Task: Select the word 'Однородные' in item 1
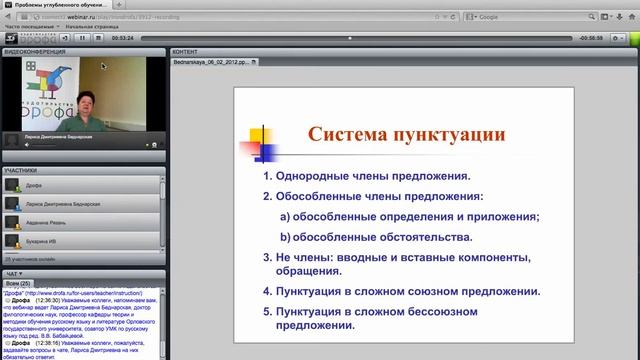317,176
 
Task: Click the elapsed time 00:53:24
122,37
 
